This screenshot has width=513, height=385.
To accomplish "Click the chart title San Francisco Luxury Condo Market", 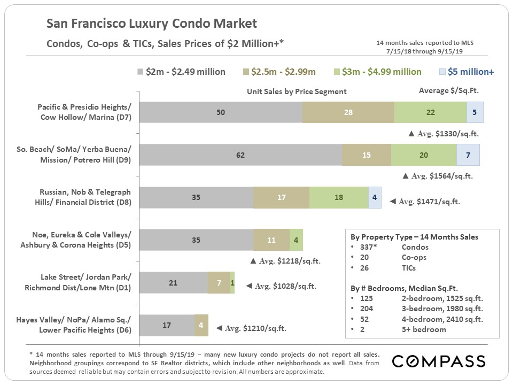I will click(x=152, y=24).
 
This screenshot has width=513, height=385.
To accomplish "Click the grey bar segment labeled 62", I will click(x=240, y=155).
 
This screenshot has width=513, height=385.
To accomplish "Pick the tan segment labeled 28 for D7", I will click(x=348, y=112).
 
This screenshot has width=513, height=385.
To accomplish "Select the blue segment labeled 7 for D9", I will click(x=468, y=155).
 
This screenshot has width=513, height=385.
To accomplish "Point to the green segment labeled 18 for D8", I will click(x=338, y=197).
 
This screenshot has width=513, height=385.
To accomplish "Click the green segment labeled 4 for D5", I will click(x=296, y=240).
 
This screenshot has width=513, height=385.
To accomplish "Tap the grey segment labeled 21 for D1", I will click(x=173, y=282).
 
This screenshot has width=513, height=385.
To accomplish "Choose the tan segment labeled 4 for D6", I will click(x=201, y=325).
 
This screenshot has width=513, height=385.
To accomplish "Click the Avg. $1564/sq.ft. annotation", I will click(x=437, y=176).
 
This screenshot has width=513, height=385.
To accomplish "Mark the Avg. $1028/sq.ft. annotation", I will click(x=281, y=287).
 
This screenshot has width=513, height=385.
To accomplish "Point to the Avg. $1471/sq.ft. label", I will click(x=424, y=202).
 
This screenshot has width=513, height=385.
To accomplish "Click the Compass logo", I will click(x=439, y=361).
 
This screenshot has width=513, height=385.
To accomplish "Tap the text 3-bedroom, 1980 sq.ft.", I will click(x=442, y=309).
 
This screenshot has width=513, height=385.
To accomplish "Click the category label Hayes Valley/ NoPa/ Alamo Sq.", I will click(x=85, y=320).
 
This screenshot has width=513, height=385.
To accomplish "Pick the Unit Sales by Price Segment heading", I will click(x=297, y=91).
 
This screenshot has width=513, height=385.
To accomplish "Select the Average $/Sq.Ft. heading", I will click(x=449, y=91).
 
